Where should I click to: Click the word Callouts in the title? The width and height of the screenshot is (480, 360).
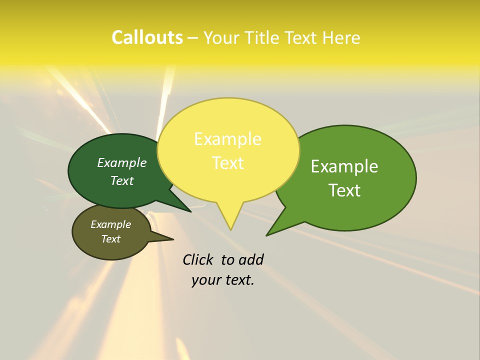tap(147, 38)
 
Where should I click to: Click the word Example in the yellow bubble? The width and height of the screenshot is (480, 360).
tap(227, 139)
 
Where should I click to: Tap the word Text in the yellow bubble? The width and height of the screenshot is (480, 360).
tap(227, 163)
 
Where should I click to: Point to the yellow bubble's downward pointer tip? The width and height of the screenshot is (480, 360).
tap(230, 229)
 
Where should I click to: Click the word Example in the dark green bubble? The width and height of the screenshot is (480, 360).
tap(122, 162)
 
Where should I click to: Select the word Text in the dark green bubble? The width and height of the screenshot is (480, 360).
tap(122, 180)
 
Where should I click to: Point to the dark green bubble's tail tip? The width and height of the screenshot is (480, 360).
tap(190, 211)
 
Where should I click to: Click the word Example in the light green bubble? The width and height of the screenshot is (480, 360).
tap(344, 166)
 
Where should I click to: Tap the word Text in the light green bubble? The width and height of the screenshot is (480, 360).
tap(344, 190)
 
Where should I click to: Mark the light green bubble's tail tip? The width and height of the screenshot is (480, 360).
tap(267, 235)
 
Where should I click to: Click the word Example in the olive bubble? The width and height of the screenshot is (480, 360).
tap(110, 224)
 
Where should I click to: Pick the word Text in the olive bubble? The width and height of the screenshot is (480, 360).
tap(110, 239)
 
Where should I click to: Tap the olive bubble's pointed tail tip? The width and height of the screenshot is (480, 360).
tap(173, 239)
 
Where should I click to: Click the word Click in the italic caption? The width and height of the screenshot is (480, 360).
tap(197, 259)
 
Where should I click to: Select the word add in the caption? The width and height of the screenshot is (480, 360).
tap(251, 259)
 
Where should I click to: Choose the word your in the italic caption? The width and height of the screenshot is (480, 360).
tap(206, 280)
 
